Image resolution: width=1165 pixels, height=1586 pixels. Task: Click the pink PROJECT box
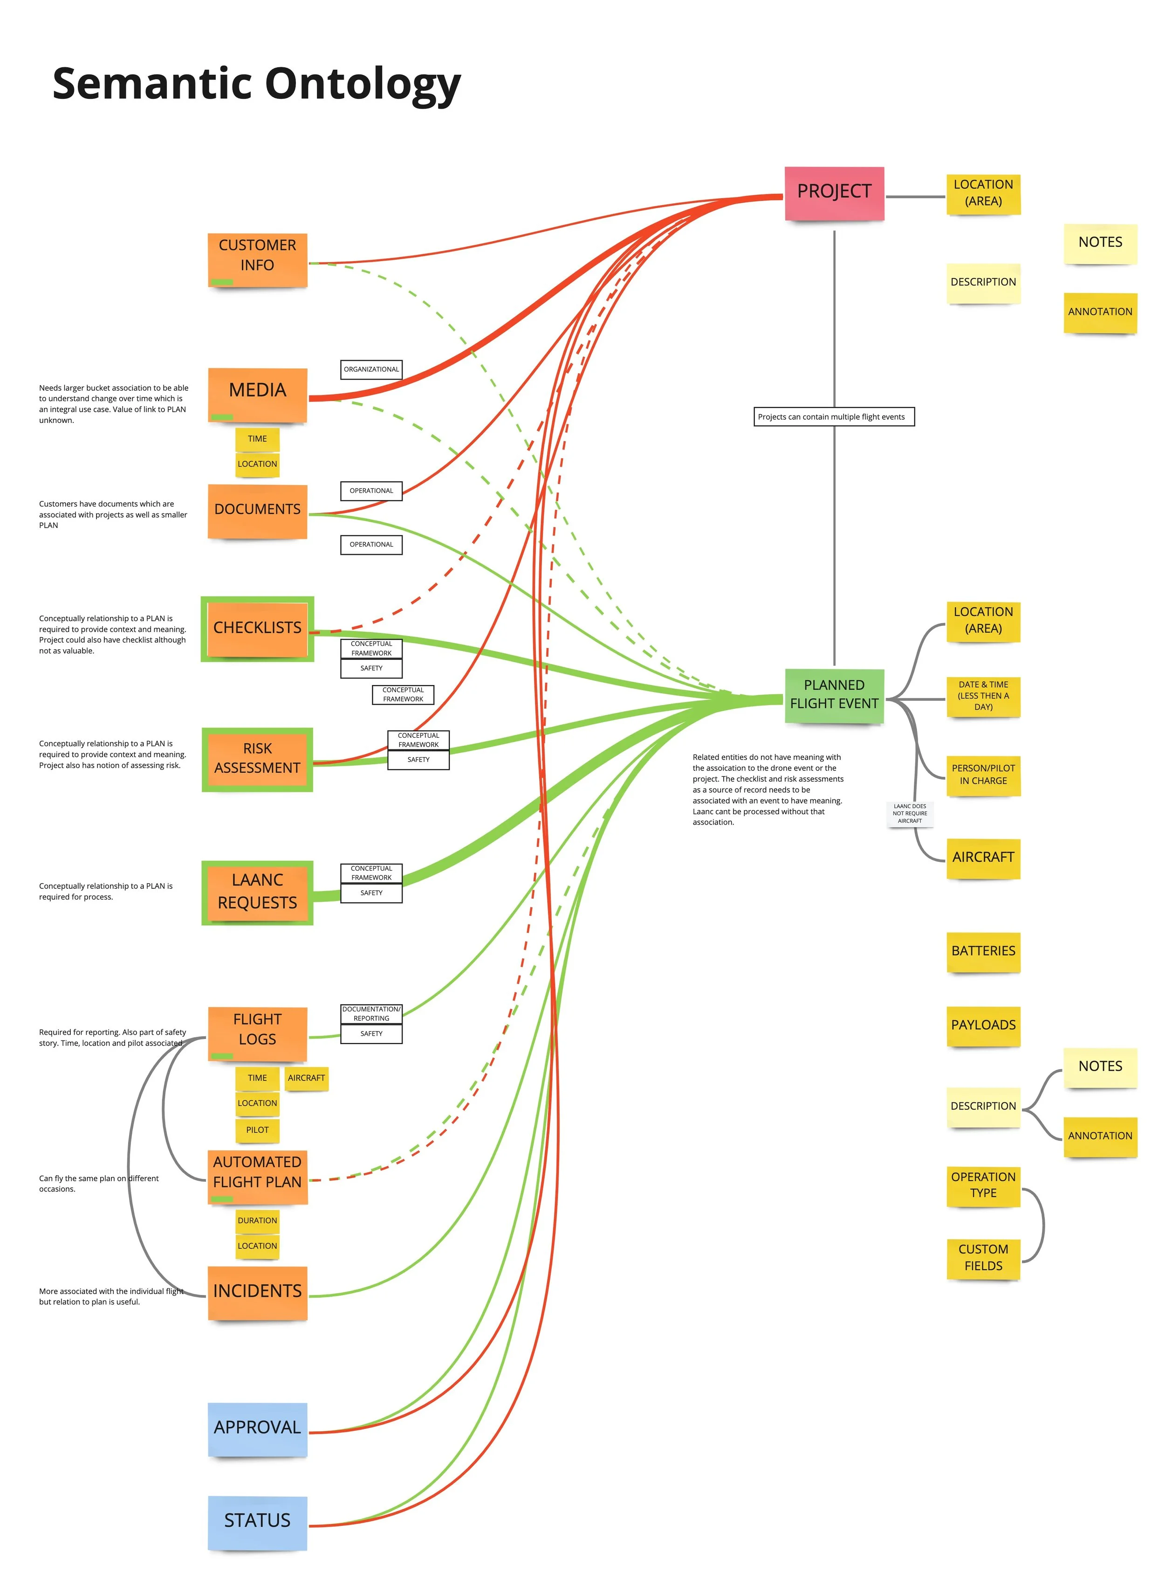(834, 193)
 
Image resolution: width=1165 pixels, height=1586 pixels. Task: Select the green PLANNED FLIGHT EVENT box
(834, 694)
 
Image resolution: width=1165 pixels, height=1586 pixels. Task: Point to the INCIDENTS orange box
(257, 1291)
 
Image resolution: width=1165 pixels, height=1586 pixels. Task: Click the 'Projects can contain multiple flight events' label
(834, 417)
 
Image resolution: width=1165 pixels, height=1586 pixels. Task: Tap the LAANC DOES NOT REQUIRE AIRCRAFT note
(910, 813)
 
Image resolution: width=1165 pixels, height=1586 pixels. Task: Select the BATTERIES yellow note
(983, 951)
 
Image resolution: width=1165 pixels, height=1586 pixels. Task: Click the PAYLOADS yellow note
(983, 1025)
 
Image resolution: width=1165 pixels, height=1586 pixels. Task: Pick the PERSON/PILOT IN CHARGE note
(983, 775)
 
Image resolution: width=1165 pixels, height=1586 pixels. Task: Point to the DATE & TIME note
(983, 696)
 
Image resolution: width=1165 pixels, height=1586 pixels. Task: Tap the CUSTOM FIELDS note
(983, 1257)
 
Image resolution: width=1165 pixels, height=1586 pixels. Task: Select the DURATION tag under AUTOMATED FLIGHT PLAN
(257, 1220)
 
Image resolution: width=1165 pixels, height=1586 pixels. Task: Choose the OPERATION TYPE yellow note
(983, 1184)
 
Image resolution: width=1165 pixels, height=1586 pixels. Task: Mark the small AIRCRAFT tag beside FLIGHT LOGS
(306, 1078)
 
